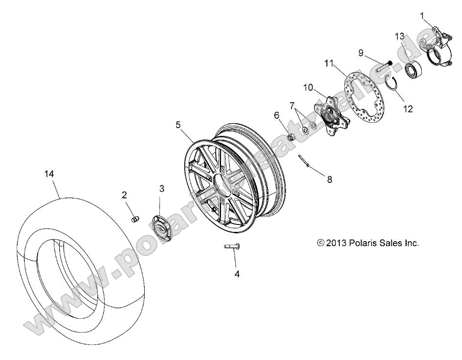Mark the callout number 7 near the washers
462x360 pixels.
click(x=292, y=106)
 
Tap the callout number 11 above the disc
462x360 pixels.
click(x=328, y=63)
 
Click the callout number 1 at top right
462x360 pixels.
click(x=422, y=16)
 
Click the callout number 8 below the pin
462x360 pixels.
click(x=330, y=180)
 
